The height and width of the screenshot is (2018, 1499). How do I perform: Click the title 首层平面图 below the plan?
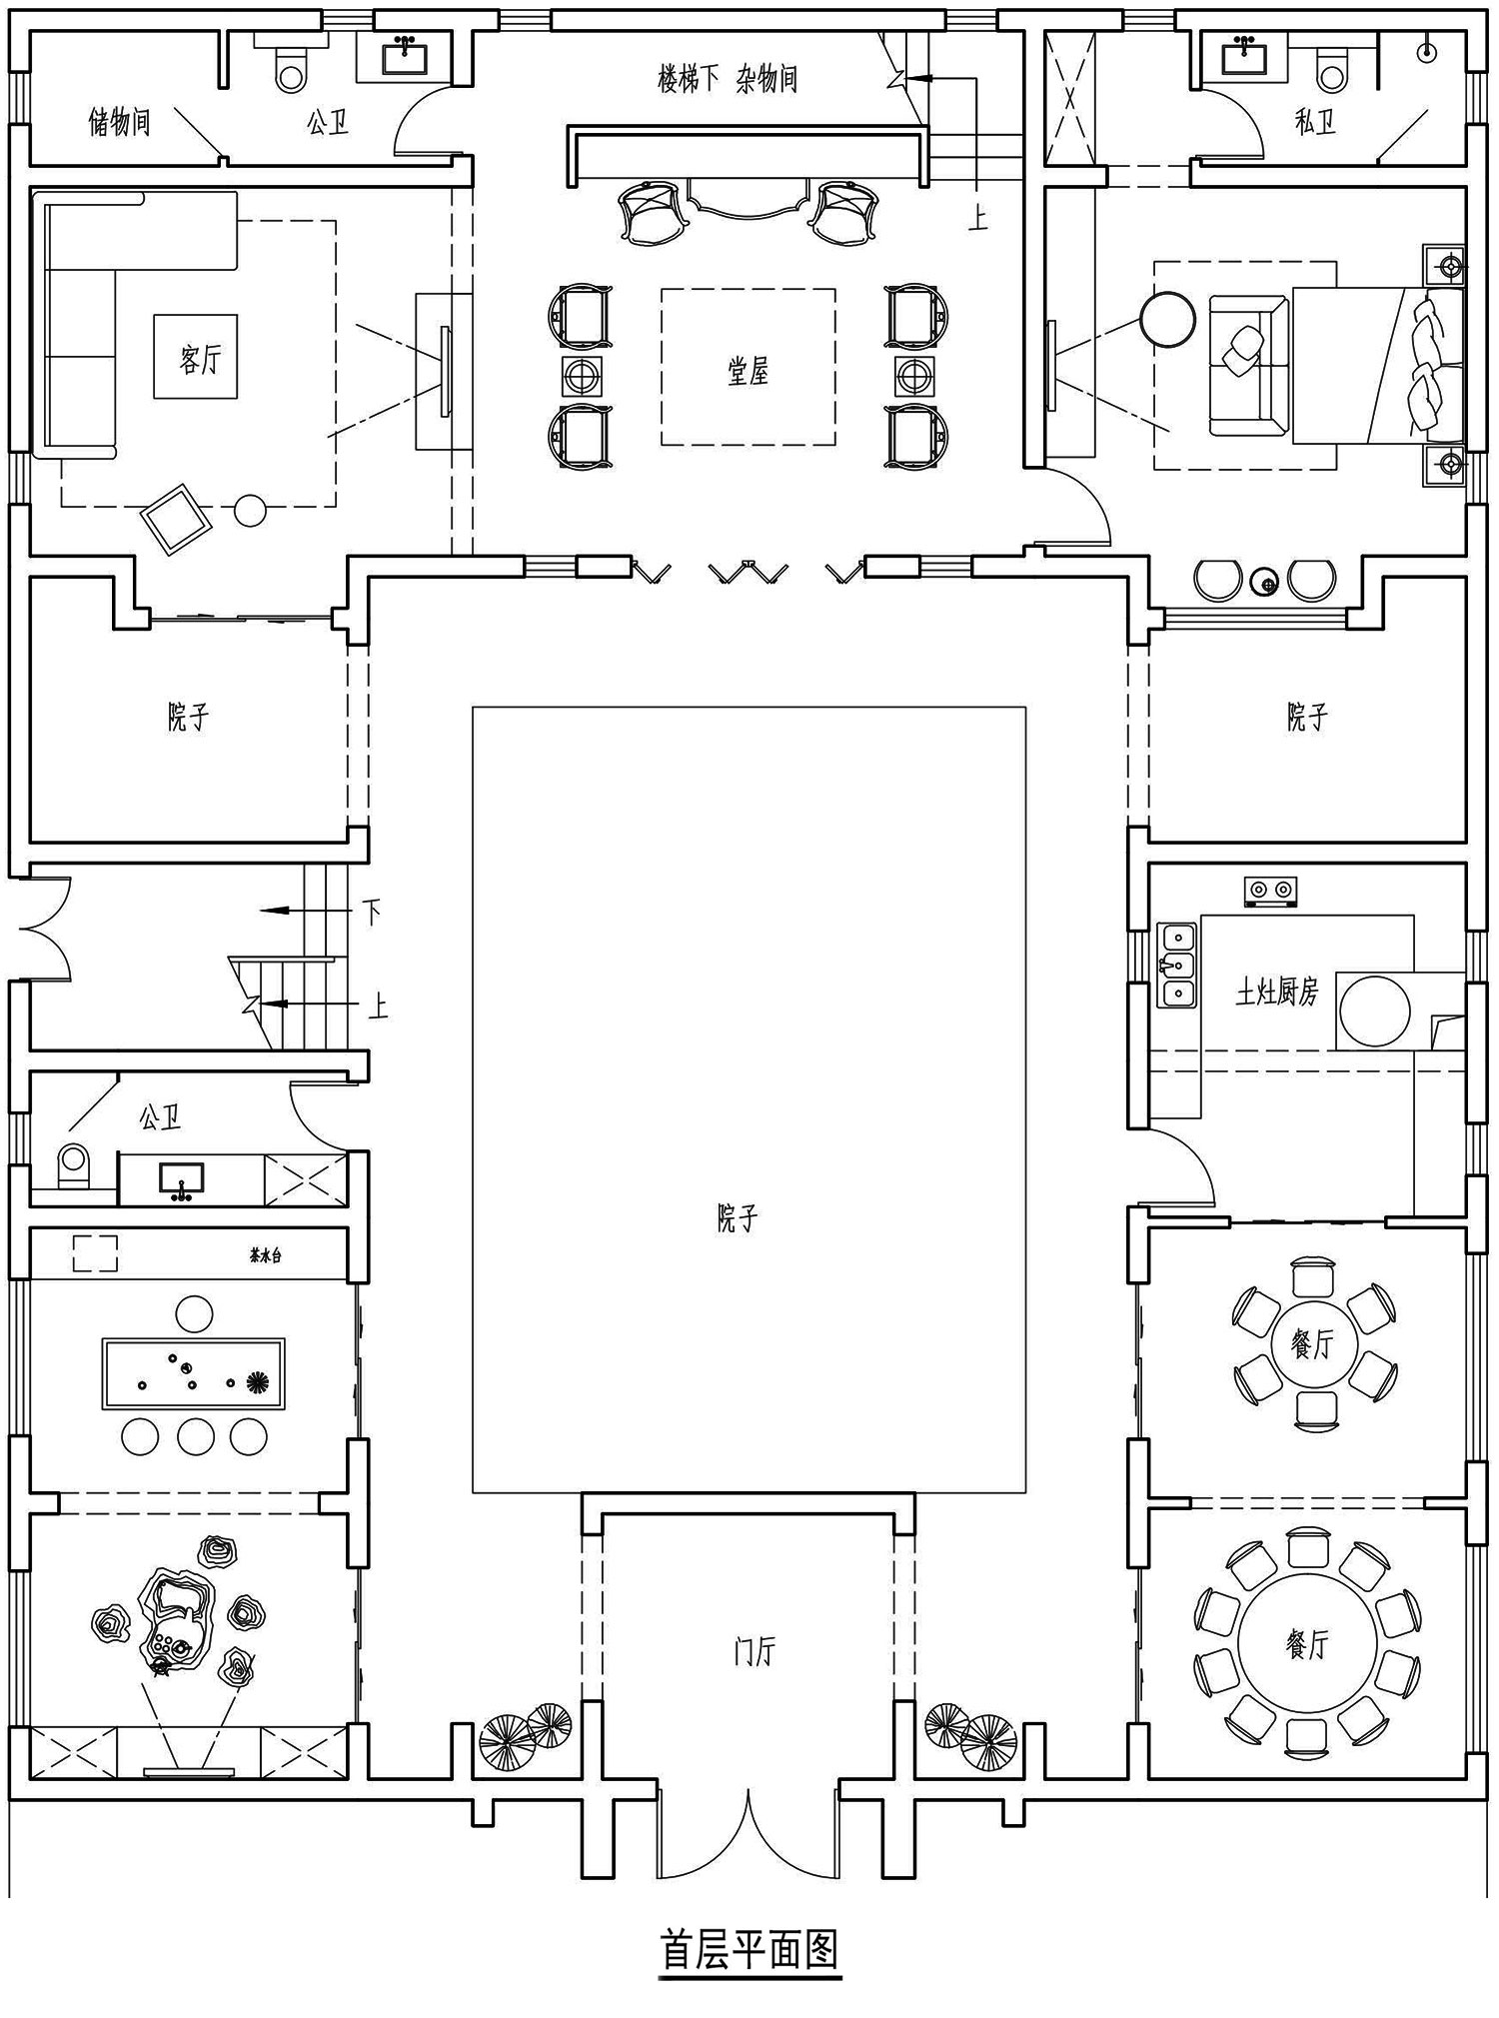pos(749,1948)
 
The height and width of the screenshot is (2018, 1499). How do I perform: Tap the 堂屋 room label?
pos(748,373)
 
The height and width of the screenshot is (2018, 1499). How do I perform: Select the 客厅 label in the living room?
pos(200,359)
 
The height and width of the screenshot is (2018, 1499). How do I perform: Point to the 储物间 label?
pos(119,122)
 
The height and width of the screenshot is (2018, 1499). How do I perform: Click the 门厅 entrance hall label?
pos(753,1652)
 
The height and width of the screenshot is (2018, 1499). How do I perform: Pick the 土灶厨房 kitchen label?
pos(1277,992)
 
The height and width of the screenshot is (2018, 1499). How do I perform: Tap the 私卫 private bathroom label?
pos(1315,123)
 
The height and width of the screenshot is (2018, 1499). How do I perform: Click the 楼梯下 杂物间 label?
pos(727,79)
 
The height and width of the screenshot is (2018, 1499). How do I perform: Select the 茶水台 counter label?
pos(266,1255)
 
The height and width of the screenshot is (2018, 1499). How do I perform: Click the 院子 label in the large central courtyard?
pos(738,1218)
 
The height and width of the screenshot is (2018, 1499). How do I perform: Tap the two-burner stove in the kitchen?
pos(1271,892)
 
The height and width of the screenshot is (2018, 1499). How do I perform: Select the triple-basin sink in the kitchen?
pos(1178,966)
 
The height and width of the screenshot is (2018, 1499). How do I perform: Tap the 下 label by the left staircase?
pos(372,911)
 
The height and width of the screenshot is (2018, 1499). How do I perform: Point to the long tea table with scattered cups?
pos(193,1373)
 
